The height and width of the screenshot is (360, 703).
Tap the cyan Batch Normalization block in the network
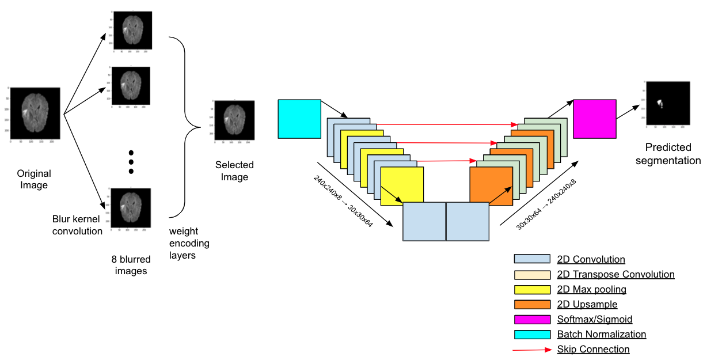pos(299,119)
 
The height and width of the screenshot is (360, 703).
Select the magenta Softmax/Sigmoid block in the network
pos(595,119)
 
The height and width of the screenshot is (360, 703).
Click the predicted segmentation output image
pos(667,104)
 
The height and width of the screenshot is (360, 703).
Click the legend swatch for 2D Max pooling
pos(532,289)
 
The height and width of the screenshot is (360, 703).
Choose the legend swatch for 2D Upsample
pos(532,304)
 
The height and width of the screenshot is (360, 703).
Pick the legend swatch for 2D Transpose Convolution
pos(532,274)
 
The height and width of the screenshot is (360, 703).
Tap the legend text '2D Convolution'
pos(591,259)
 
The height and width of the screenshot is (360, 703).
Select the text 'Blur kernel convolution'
pos(77,225)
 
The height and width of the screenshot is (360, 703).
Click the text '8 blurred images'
pos(131,265)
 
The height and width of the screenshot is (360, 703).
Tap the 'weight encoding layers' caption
pos(189,242)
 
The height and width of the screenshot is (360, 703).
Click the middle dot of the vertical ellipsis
pos(131,162)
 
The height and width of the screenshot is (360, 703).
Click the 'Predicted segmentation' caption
pos(668,154)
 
